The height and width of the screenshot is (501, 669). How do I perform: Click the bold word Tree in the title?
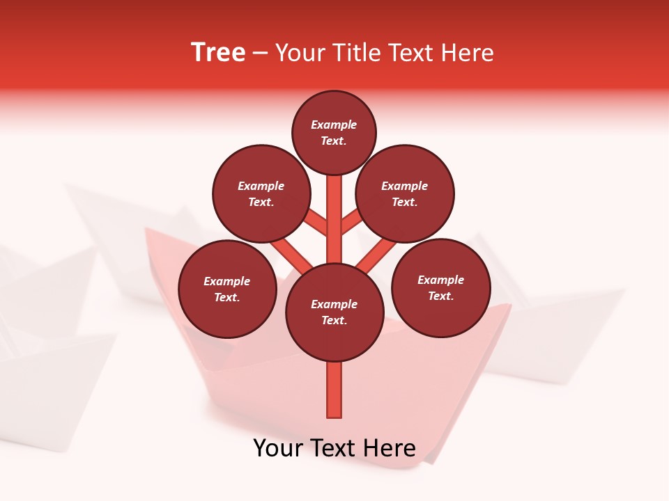click(x=218, y=53)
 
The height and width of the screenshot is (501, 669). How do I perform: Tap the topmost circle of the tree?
click(x=334, y=132)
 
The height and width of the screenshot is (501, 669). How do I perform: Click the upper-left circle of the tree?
click(x=261, y=193)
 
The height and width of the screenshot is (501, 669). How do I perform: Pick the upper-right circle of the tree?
click(x=405, y=193)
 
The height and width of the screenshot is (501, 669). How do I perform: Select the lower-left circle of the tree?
click(x=227, y=289)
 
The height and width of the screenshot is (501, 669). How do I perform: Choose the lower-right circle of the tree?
click(x=440, y=287)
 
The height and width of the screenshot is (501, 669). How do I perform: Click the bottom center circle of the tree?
click(x=334, y=312)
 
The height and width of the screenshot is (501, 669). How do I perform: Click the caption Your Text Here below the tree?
click(x=334, y=448)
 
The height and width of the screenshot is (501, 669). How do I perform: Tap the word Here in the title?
click(x=468, y=53)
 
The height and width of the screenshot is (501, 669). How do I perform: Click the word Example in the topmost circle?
click(x=334, y=125)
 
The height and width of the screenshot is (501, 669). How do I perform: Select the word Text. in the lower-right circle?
click(x=440, y=296)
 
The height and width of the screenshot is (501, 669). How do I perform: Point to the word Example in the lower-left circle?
click(x=227, y=281)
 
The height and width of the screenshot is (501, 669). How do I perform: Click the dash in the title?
click(x=261, y=53)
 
